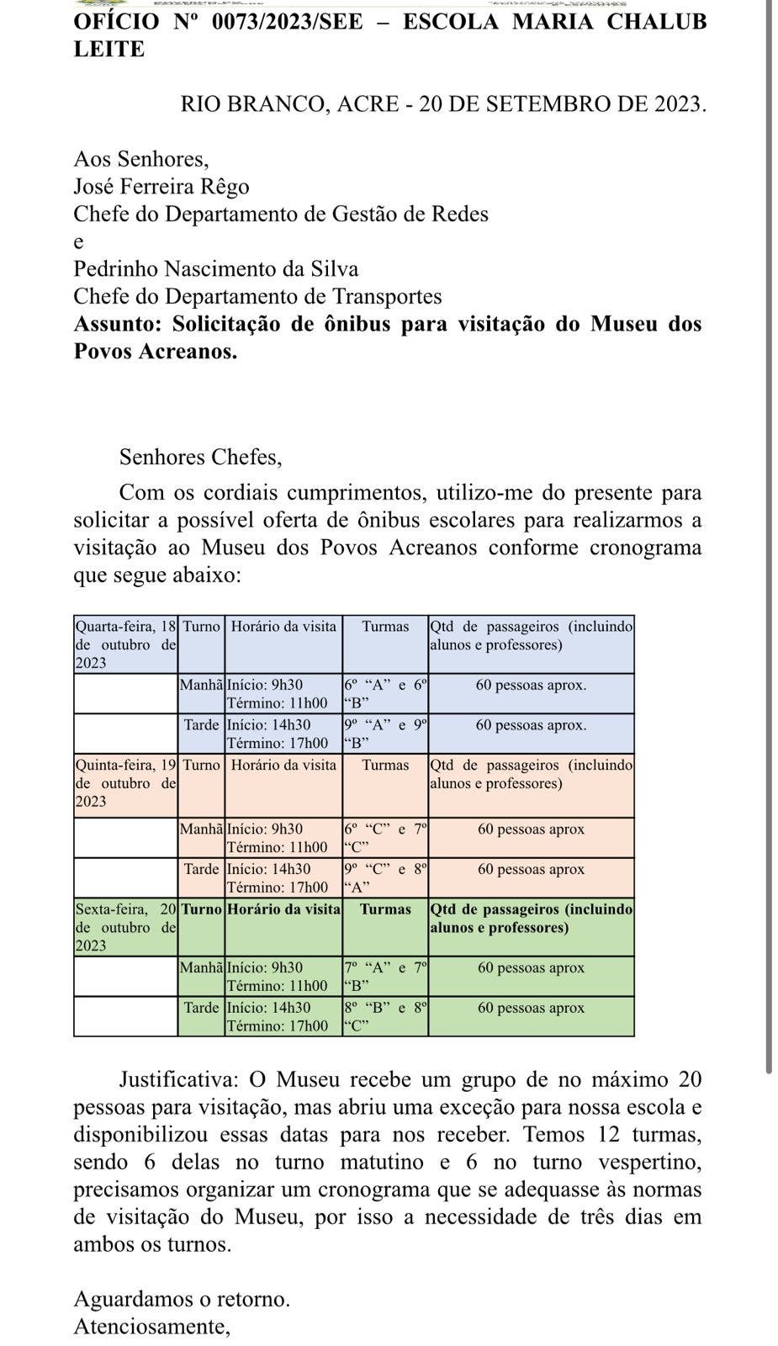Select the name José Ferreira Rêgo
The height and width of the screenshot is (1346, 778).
(x=161, y=186)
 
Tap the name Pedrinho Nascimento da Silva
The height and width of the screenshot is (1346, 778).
(x=216, y=269)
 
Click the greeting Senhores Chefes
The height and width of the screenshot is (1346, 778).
(x=200, y=457)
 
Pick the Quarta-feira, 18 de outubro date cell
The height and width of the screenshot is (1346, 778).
(x=126, y=644)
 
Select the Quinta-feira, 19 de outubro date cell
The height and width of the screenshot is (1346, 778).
(x=126, y=783)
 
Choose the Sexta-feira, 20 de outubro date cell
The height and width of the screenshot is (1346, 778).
(x=126, y=927)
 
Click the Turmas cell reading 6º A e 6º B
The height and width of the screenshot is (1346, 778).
(x=385, y=694)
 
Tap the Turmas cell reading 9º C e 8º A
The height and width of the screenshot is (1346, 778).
(x=385, y=877)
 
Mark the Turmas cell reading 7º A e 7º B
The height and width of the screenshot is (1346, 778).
(x=385, y=977)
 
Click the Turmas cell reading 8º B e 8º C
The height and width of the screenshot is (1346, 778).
(x=385, y=1016)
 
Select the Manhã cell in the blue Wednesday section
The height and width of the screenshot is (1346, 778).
(x=201, y=686)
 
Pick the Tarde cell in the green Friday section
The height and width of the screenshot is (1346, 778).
(x=201, y=1008)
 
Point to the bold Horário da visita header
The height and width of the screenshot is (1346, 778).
(x=283, y=909)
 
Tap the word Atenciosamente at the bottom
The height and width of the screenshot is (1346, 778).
(x=152, y=1327)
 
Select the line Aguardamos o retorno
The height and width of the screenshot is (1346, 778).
(x=182, y=1299)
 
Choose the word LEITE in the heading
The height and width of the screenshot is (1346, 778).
(x=109, y=50)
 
